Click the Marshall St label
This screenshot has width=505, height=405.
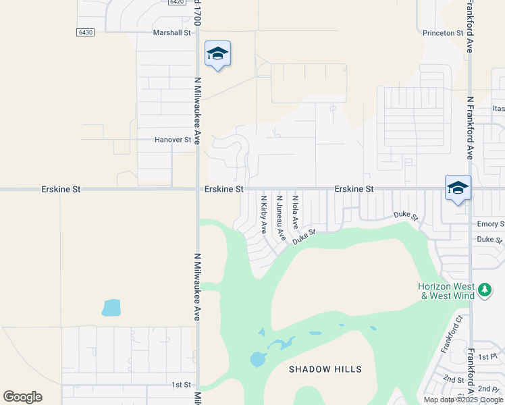[x=173, y=32]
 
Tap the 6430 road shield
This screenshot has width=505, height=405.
[x=85, y=32]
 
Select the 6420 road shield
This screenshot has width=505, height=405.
[x=177, y=2]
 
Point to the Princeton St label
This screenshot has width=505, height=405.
[x=443, y=32]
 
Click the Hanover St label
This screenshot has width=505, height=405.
[x=174, y=140]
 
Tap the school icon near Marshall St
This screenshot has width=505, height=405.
[x=217, y=53]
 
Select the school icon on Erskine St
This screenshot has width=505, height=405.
[x=458, y=188]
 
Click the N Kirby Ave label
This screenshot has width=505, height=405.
[x=264, y=215]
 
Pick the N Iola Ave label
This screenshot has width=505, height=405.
[x=295, y=211]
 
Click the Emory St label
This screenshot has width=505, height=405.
[x=490, y=224]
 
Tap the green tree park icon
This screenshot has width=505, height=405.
[x=484, y=290]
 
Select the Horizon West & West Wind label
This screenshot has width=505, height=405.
[x=446, y=291]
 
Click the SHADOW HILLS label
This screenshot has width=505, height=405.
[x=325, y=369]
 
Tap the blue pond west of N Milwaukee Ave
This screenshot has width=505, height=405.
[x=111, y=308]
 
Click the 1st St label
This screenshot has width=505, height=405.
[x=181, y=385]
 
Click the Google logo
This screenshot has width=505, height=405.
[x=22, y=397]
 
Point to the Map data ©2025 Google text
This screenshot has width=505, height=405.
[x=464, y=400]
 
